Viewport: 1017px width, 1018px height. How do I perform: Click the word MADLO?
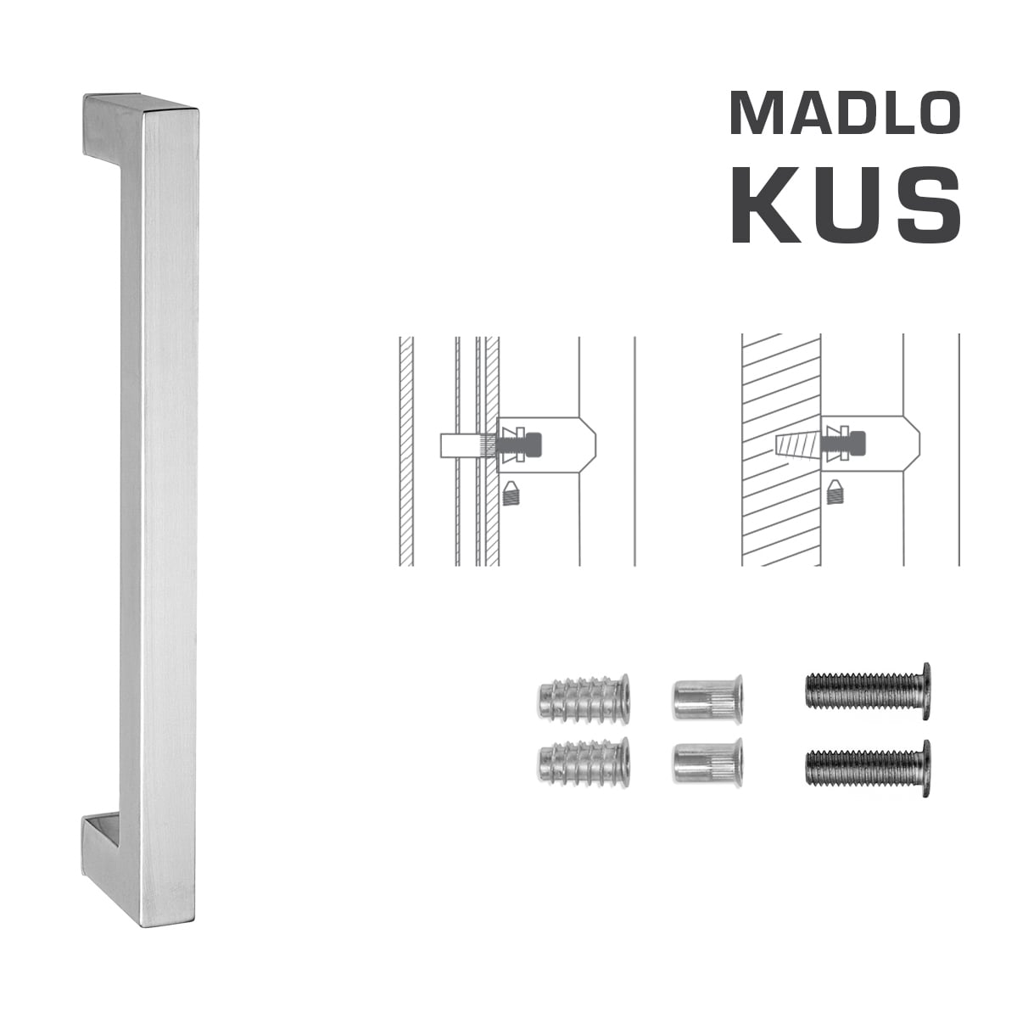pos(845,113)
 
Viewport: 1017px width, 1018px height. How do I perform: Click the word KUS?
pos(845,206)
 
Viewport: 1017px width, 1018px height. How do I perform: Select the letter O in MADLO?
pos(934,113)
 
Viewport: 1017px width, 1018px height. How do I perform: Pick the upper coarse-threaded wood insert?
pos(584,698)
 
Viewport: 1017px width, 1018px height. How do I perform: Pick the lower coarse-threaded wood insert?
pos(584,760)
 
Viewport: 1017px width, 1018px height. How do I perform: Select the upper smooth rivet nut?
pos(707,698)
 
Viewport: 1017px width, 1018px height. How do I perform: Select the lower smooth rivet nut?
pos(707,760)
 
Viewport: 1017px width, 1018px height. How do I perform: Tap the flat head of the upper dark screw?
pos(925,691)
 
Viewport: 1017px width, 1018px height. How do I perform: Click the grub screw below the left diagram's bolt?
pos(511,493)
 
